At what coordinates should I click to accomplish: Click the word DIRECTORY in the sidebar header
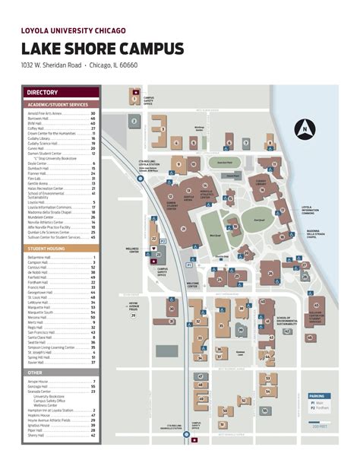point(43,93)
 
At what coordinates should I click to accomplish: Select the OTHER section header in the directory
point(35,372)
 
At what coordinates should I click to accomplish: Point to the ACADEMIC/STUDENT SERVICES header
point(58,104)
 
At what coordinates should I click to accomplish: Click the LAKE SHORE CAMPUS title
point(103,49)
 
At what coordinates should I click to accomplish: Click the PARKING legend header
point(317,396)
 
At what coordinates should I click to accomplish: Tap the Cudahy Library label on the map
point(261,182)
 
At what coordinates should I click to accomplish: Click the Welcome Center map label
point(193,285)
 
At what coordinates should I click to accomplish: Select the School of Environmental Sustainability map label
point(289,321)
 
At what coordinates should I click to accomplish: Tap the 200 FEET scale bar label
point(320,427)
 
